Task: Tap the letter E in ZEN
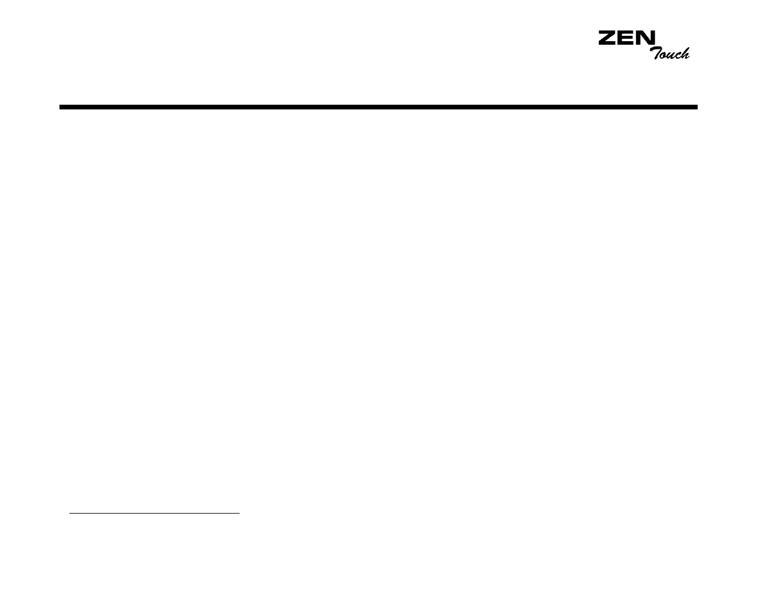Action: tap(626, 38)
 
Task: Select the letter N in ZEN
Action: tap(646, 38)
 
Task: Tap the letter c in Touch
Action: tap(678, 56)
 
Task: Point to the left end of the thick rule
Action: tap(61, 107)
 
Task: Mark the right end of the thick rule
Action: tap(696, 107)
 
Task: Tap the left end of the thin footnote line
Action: tap(70, 514)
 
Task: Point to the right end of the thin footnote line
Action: tap(239, 514)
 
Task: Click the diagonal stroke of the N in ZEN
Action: tap(646, 38)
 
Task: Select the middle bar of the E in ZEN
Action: tap(625, 38)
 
